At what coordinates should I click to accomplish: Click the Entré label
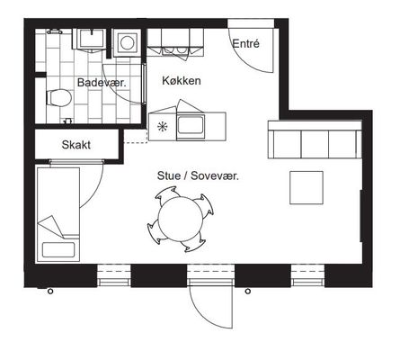click(245, 44)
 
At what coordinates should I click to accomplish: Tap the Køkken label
click(182, 81)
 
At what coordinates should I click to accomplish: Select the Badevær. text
click(102, 83)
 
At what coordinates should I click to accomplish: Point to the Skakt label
click(76, 145)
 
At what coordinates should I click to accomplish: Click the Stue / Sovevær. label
click(198, 175)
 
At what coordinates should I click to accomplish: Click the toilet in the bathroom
click(58, 98)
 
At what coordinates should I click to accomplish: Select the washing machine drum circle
click(127, 43)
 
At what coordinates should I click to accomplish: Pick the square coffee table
click(307, 188)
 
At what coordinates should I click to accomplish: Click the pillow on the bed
click(58, 250)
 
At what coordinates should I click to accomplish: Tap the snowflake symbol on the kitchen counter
click(162, 127)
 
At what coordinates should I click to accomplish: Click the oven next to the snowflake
click(191, 127)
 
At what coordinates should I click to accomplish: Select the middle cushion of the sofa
click(315, 144)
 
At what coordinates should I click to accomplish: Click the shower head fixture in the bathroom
click(54, 31)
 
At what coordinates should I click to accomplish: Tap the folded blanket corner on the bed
click(51, 227)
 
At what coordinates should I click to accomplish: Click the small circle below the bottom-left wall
click(50, 292)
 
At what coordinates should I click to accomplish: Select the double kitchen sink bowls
click(174, 51)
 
